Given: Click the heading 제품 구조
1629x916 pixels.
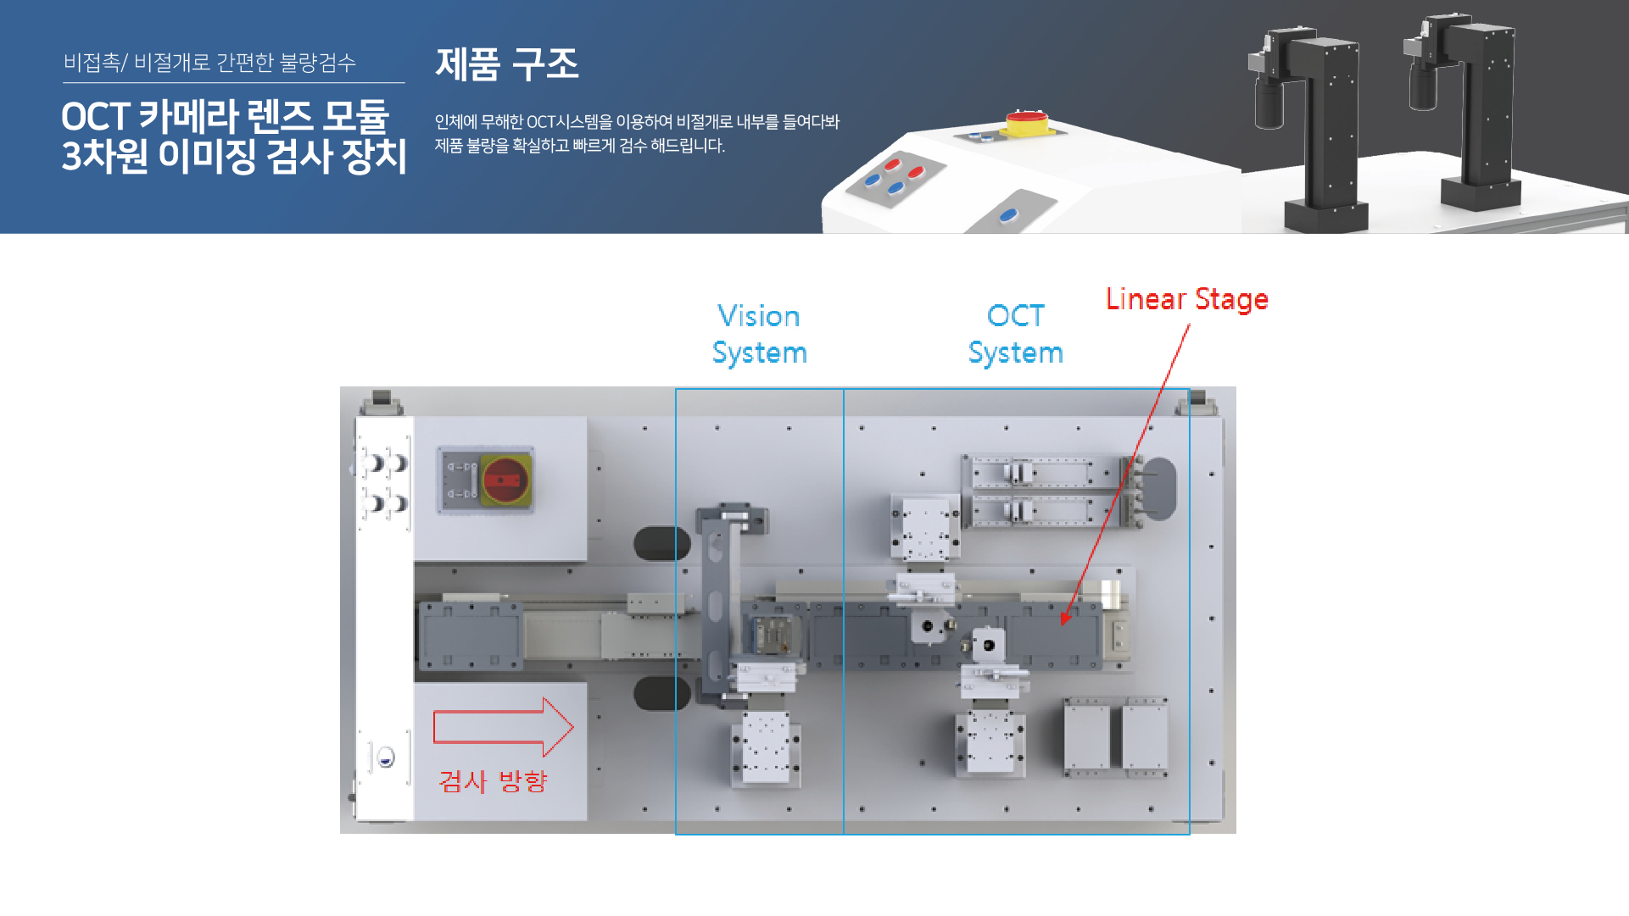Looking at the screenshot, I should click(506, 64).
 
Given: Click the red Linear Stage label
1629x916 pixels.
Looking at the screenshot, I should click(1186, 299).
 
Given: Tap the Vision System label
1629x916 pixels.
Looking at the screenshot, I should click(759, 334).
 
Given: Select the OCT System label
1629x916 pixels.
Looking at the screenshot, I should click(1015, 334).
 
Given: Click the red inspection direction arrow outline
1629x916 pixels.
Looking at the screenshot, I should click(503, 727).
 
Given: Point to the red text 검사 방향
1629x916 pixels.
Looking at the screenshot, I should click(493, 780).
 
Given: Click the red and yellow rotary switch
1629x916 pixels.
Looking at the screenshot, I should click(505, 480).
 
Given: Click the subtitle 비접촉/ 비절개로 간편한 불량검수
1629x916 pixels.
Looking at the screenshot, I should click(209, 63).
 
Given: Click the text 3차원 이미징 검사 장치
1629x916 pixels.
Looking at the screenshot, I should click(234, 157).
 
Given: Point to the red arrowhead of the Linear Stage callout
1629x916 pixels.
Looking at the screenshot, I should click(1065, 619).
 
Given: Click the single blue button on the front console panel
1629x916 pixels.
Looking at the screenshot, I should click(1008, 215).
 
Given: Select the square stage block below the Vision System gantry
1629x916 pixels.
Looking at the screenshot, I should click(765, 747).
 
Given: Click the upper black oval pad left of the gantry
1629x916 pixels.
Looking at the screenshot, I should click(661, 543).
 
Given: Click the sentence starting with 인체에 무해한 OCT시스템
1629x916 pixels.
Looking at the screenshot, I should click(636, 122).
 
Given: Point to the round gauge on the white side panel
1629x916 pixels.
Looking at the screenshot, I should click(385, 757).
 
